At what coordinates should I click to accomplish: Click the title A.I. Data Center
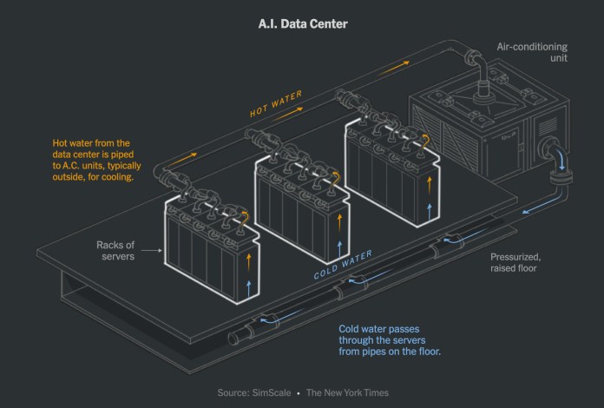pos(301,23)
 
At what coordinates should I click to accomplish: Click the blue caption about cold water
pos(391,339)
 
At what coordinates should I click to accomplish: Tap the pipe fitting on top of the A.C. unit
pos(476,66)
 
